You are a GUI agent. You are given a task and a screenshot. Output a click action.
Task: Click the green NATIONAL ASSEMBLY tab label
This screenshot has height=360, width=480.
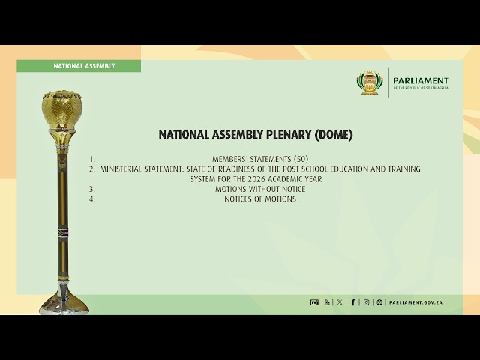pos(84,66)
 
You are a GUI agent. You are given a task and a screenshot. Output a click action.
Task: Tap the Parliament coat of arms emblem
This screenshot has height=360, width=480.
pos(369,82)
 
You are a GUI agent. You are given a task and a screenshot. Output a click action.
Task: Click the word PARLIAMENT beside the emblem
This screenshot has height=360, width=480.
pos(421,80)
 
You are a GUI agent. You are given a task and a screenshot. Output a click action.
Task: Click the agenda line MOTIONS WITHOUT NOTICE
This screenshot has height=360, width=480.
pos(259,189)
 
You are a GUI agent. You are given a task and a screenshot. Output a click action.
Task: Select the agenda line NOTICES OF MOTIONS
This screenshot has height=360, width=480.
pos(259,199)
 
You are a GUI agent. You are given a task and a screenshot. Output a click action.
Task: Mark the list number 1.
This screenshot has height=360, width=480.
pos(91,159)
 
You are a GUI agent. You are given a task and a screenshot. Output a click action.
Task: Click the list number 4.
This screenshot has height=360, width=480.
pos(91,199)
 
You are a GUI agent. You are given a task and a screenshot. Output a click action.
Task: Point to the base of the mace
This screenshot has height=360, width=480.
pos(64,304)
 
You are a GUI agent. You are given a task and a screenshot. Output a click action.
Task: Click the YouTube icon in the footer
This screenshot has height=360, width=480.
pos(327,302)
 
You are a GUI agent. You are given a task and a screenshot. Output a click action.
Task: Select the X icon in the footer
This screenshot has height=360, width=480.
pos(340,302)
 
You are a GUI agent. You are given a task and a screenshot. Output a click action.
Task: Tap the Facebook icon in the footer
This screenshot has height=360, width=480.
pos(353,302)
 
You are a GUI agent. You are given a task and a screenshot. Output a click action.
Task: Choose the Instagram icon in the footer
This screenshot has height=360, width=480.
pos(366,302)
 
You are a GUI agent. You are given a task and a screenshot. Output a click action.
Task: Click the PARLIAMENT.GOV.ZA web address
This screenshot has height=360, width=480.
pos(415,302)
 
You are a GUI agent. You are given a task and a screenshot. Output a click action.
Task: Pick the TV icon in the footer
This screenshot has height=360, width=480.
pos(314,302)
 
